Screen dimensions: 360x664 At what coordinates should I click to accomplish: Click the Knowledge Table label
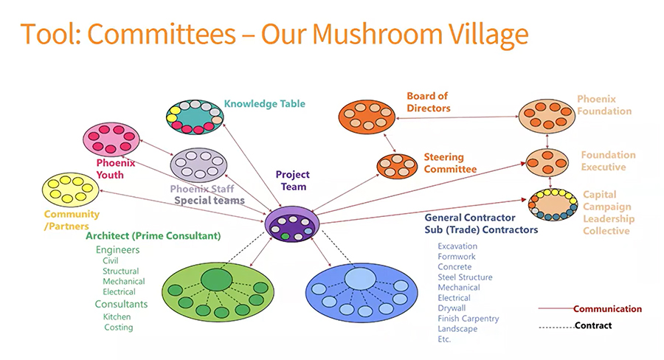[x=264, y=104]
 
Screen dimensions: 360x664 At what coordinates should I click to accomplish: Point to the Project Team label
[x=292, y=181]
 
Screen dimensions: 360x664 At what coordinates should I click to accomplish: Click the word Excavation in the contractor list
[x=457, y=246]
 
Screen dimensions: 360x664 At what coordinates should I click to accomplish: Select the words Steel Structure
[x=465, y=277]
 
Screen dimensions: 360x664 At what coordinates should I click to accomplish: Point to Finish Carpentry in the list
[x=468, y=319]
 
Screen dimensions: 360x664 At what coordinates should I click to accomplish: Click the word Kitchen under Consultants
[x=117, y=317]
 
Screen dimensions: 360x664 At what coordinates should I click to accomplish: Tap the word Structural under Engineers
[x=120, y=271]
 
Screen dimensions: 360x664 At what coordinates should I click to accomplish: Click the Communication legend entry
[x=607, y=309]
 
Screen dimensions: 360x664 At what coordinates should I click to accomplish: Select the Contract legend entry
[x=593, y=325]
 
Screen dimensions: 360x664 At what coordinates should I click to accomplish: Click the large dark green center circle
[x=215, y=280]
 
